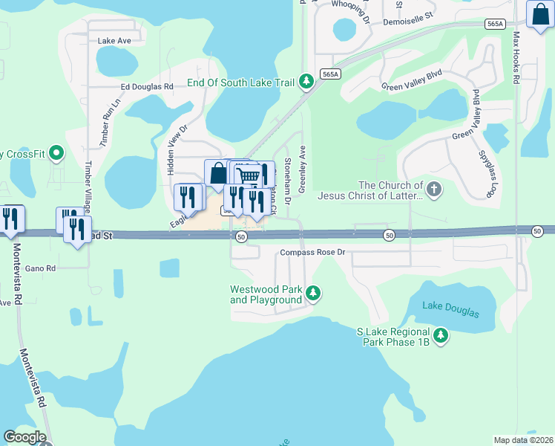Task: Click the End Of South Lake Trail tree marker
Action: [x=306, y=82]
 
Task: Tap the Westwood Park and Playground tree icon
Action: [x=314, y=294]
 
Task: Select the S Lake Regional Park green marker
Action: [x=441, y=336]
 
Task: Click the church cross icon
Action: [x=434, y=190]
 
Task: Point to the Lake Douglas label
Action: [x=450, y=309]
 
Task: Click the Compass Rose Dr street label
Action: [x=312, y=253]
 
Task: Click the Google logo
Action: [x=25, y=436]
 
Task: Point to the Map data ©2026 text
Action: [x=523, y=440]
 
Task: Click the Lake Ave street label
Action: [x=114, y=41]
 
